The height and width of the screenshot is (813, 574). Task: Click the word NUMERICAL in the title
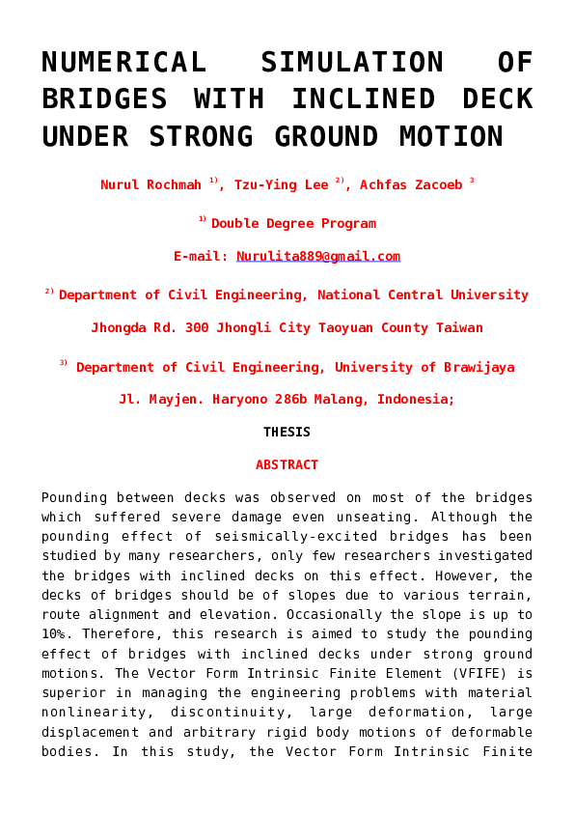coord(123,63)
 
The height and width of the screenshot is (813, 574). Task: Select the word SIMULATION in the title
coord(352,63)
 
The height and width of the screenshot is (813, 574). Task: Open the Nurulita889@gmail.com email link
coord(318,257)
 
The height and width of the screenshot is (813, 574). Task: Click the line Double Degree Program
coord(293,223)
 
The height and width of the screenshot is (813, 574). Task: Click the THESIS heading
coord(287,432)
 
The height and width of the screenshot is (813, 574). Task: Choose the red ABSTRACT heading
coord(287,464)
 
